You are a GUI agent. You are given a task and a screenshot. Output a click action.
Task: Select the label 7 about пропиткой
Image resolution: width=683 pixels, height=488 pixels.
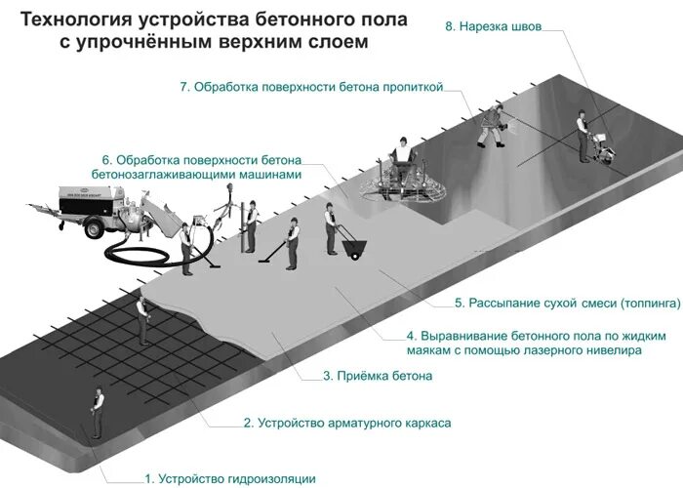312,87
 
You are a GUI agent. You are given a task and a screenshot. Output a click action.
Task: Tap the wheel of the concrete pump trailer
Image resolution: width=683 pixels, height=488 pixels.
97,228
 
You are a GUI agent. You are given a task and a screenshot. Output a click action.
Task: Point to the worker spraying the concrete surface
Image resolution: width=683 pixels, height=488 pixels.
493,124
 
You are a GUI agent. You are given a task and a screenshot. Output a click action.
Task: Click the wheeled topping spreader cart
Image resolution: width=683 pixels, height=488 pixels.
352,249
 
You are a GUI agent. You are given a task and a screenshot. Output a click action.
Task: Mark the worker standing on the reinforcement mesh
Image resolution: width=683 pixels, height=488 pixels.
143,317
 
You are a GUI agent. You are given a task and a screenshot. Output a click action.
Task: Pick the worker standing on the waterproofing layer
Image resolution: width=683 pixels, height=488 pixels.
97,410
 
